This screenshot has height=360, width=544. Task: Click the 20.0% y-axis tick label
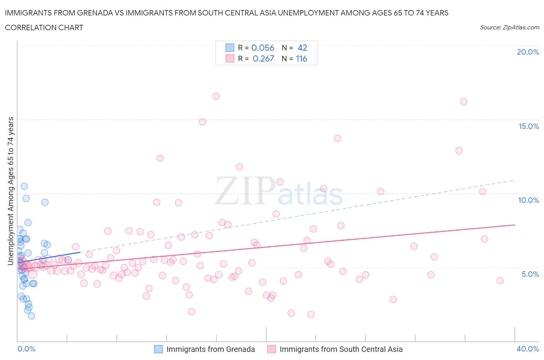pyautogui.click(x=528, y=52)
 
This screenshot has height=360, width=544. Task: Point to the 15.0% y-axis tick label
pyautogui.click(x=528, y=126)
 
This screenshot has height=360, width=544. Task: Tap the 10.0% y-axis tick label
pyautogui.click(x=528, y=200)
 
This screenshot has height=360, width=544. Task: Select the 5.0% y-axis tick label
pyautogui.click(x=530, y=274)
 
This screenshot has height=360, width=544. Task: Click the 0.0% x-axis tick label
pyautogui.click(x=26, y=349)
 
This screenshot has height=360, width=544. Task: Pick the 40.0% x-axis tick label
pyautogui.click(x=528, y=349)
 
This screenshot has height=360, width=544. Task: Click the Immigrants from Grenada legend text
pyautogui.click(x=210, y=349)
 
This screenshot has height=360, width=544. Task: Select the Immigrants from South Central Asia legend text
pyautogui.click(x=341, y=349)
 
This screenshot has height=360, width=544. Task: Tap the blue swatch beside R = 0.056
pyautogui.click(x=230, y=48)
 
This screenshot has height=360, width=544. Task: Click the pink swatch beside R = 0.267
pyautogui.click(x=230, y=58)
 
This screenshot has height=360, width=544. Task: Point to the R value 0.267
pyautogui.click(x=263, y=58)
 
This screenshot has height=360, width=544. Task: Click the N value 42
pyautogui.click(x=302, y=48)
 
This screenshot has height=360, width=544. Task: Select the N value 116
pyautogui.click(x=301, y=58)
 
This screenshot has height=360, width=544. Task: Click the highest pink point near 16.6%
pyautogui.click(x=216, y=96)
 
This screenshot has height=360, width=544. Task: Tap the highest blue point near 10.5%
pyautogui.click(x=24, y=186)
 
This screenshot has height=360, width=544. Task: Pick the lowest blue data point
pyautogui.click(x=31, y=316)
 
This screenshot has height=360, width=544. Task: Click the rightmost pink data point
pyautogui.click(x=500, y=281)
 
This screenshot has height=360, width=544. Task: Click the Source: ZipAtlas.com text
pyautogui.click(x=509, y=27)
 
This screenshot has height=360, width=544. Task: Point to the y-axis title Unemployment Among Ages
pyautogui.click(x=10, y=191)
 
